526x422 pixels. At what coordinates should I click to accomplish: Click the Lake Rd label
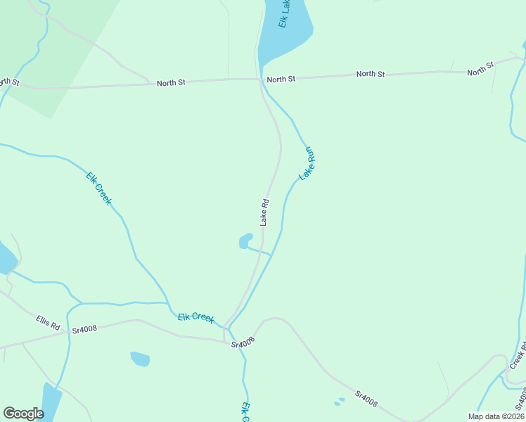click(265, 212)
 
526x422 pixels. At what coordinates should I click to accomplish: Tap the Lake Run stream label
click(307, 163)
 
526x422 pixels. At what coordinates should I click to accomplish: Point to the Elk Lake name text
click(284, 14)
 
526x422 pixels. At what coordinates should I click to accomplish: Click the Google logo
click(23, 414)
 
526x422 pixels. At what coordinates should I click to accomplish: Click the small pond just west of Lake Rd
click(245, 241)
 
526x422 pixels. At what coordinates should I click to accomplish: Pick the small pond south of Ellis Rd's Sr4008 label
click(141, 359)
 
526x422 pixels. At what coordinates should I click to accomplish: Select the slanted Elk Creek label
click(98, 188)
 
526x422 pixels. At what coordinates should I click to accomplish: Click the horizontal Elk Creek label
click(195, 318)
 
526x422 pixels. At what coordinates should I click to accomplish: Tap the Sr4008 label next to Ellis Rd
click(84, 329)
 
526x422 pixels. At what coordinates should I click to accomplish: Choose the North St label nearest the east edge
click(480, 69)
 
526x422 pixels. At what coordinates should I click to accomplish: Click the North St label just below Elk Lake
click(281, 79)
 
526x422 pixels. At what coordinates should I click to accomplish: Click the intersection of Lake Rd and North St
click(261, 79)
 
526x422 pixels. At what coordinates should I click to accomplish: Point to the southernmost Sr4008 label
click(366, 399)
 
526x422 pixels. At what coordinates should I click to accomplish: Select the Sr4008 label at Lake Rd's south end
click(242, 344)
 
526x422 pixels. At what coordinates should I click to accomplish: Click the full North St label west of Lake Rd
click(171, 83)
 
